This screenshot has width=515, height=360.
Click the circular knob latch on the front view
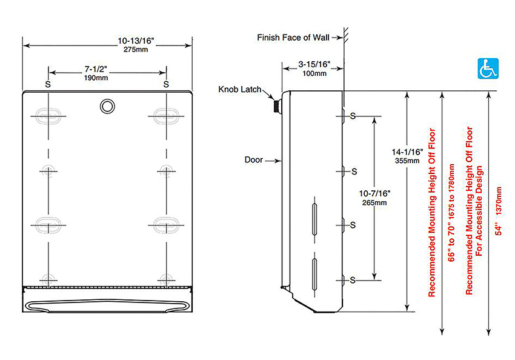coord(107,105)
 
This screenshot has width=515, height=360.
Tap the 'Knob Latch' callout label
coord(240,90)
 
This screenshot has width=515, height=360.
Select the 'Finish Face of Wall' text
coord(293,38)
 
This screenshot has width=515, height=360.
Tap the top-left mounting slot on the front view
coord(48,115)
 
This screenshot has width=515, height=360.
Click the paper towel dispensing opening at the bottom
coord(107,305)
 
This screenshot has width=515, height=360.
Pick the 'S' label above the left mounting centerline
coord(48,84)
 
